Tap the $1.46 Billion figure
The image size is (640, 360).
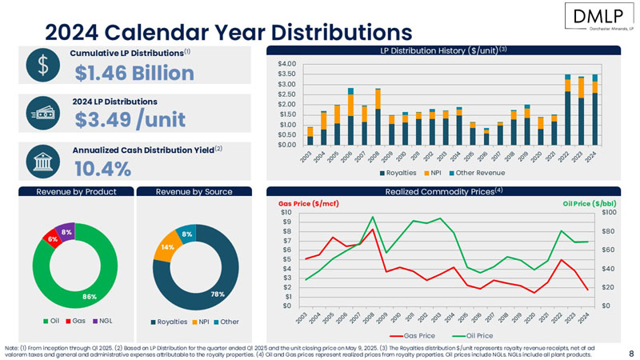tap(134, 74)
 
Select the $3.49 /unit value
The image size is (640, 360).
tap(130, 119)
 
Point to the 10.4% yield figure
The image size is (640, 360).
tap(102, 169)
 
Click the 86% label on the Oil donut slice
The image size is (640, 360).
tap(67, 296)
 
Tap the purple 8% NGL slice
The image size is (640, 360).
tap(66, 232)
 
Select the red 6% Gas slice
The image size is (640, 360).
tap(52, 238)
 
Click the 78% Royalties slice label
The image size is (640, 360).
tap(218, 294)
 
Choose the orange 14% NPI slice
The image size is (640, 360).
tap(167, 247)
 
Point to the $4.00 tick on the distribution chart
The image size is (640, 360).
tap(286, 63)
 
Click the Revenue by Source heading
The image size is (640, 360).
tap(194, 191)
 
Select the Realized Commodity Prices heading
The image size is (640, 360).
tap(444, 191)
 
